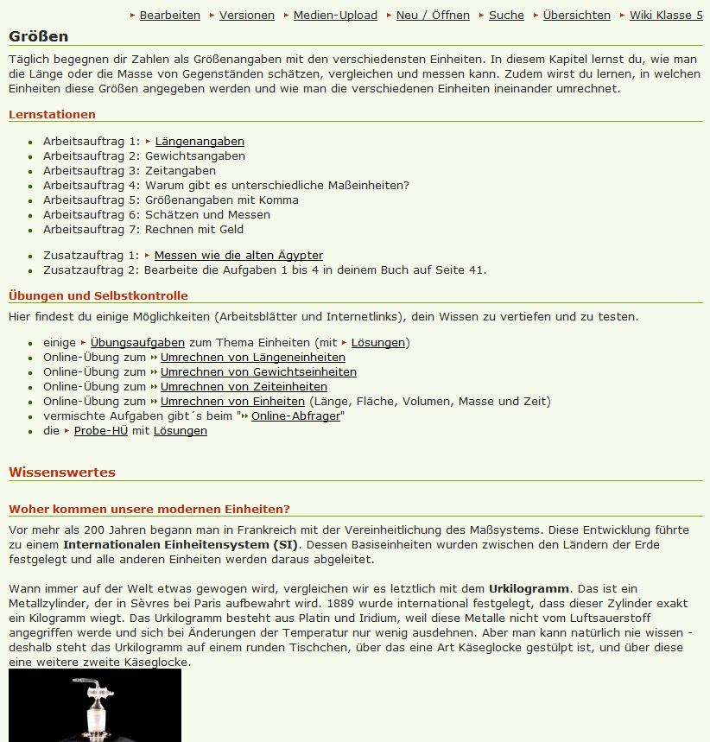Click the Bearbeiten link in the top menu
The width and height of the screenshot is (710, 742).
[169, 15]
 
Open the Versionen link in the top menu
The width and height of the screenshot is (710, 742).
[246, 15]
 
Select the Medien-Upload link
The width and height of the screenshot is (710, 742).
[335, 15]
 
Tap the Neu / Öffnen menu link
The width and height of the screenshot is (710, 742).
[433, 15]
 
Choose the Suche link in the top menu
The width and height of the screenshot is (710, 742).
[506, 15]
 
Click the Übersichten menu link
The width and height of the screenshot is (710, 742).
[576, 15]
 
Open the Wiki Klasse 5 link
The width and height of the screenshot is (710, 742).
[666, 15]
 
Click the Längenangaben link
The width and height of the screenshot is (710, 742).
[200, 142]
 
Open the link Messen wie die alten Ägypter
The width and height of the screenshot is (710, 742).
[238, 256]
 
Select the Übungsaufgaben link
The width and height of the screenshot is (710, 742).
[137, 343]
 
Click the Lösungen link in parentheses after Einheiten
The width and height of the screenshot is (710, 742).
[377, 343]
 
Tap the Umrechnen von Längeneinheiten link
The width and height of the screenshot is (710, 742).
[252, 358]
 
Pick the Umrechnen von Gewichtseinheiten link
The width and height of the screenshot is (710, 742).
[258, 372]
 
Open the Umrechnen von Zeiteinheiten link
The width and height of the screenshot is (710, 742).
[244, 387]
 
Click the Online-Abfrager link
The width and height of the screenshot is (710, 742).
[295, 416]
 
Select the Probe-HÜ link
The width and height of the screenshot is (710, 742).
[100, 431]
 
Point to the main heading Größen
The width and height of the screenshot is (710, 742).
[39, 36]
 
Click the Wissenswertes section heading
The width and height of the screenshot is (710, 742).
[62, 472]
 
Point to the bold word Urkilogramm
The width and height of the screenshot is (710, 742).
[529, 589]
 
